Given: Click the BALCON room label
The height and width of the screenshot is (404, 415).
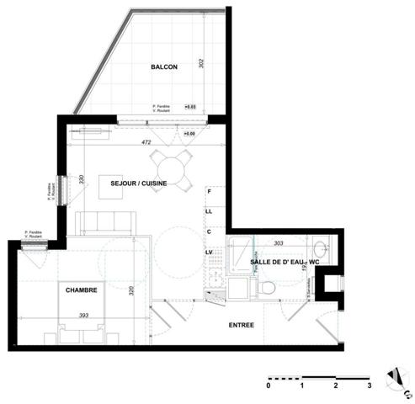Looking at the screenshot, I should click(x=164, y=67).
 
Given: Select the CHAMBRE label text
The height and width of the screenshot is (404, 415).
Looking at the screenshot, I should click(x=82, y=290).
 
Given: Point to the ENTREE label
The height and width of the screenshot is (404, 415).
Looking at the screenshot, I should click(x=242, y=325).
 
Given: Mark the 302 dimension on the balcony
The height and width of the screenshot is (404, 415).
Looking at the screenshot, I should click(x=202, y=67).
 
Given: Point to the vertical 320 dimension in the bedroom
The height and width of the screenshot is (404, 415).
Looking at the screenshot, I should click(x=131, y=291).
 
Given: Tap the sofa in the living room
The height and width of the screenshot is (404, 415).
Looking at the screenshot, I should click(x=105, y=223).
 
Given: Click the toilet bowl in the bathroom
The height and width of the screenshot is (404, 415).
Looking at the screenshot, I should click(x=268, y=288).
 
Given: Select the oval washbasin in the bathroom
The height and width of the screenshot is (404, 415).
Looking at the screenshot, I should click(x=318, y=248).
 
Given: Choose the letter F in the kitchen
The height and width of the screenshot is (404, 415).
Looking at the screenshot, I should click(x=208, y=192).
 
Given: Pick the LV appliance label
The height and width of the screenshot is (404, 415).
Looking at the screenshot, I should click(x=208, y=251).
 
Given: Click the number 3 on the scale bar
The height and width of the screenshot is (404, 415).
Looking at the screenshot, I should click(x=369, y=385).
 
